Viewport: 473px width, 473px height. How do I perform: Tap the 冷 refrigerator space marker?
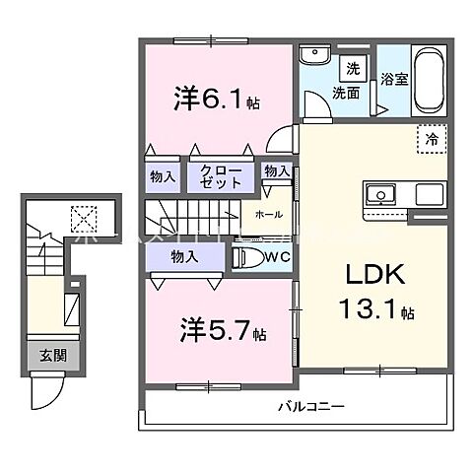click(431, 138)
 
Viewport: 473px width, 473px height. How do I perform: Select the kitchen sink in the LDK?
click(380, 194)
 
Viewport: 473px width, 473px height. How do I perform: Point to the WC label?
click(276, 258)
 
